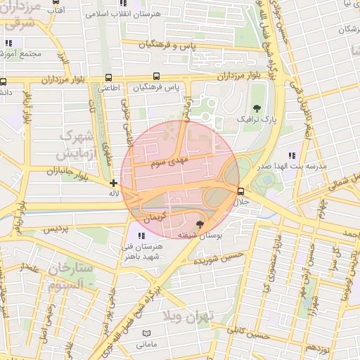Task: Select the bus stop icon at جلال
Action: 241,191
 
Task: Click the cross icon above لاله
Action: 114,183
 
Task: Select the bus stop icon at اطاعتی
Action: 108,77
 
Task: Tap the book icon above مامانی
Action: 146,333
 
